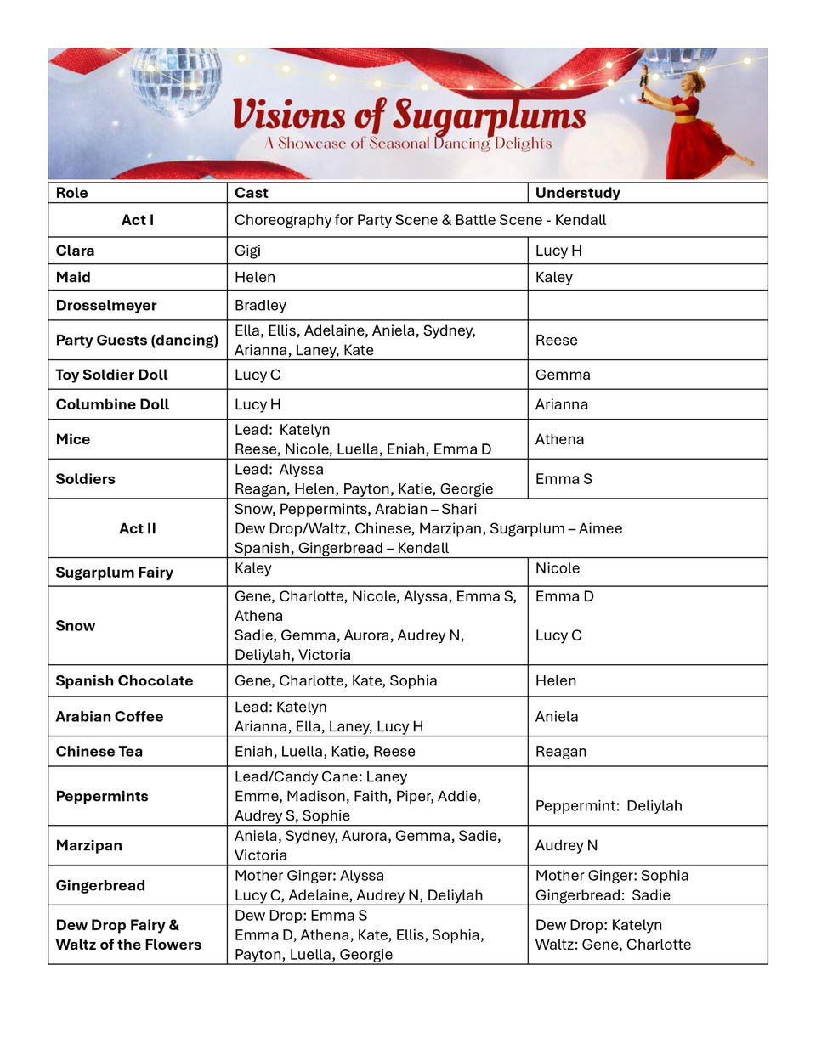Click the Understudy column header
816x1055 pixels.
click(x=577, y=193)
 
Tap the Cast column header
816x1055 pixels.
click(x=251, y=193)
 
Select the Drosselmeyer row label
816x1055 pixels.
click(x=106, y=305)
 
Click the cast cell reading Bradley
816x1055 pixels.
click(x=260, y=305)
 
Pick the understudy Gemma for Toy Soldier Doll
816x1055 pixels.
click(x=563, y=375)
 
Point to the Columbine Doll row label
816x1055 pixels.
click(x=112, y=404)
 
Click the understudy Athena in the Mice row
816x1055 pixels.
click(x=559, y=439)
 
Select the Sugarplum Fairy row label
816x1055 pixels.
click(x=114, y=573)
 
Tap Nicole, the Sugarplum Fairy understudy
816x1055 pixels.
click(x=558, y=568)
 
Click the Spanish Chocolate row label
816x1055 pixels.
click(x=124, y=680)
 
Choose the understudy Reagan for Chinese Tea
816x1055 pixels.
click(x=560, y=751)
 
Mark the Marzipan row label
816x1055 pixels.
click(x=88, y=845)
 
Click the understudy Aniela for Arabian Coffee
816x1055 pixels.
click(x=557, y=716)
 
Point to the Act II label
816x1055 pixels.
click(x=138, y=528)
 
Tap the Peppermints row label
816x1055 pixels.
click(x=102, y=796)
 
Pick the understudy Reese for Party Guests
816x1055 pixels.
click(x=556, y=340)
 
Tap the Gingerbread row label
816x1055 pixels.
click(x=100, y=885)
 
